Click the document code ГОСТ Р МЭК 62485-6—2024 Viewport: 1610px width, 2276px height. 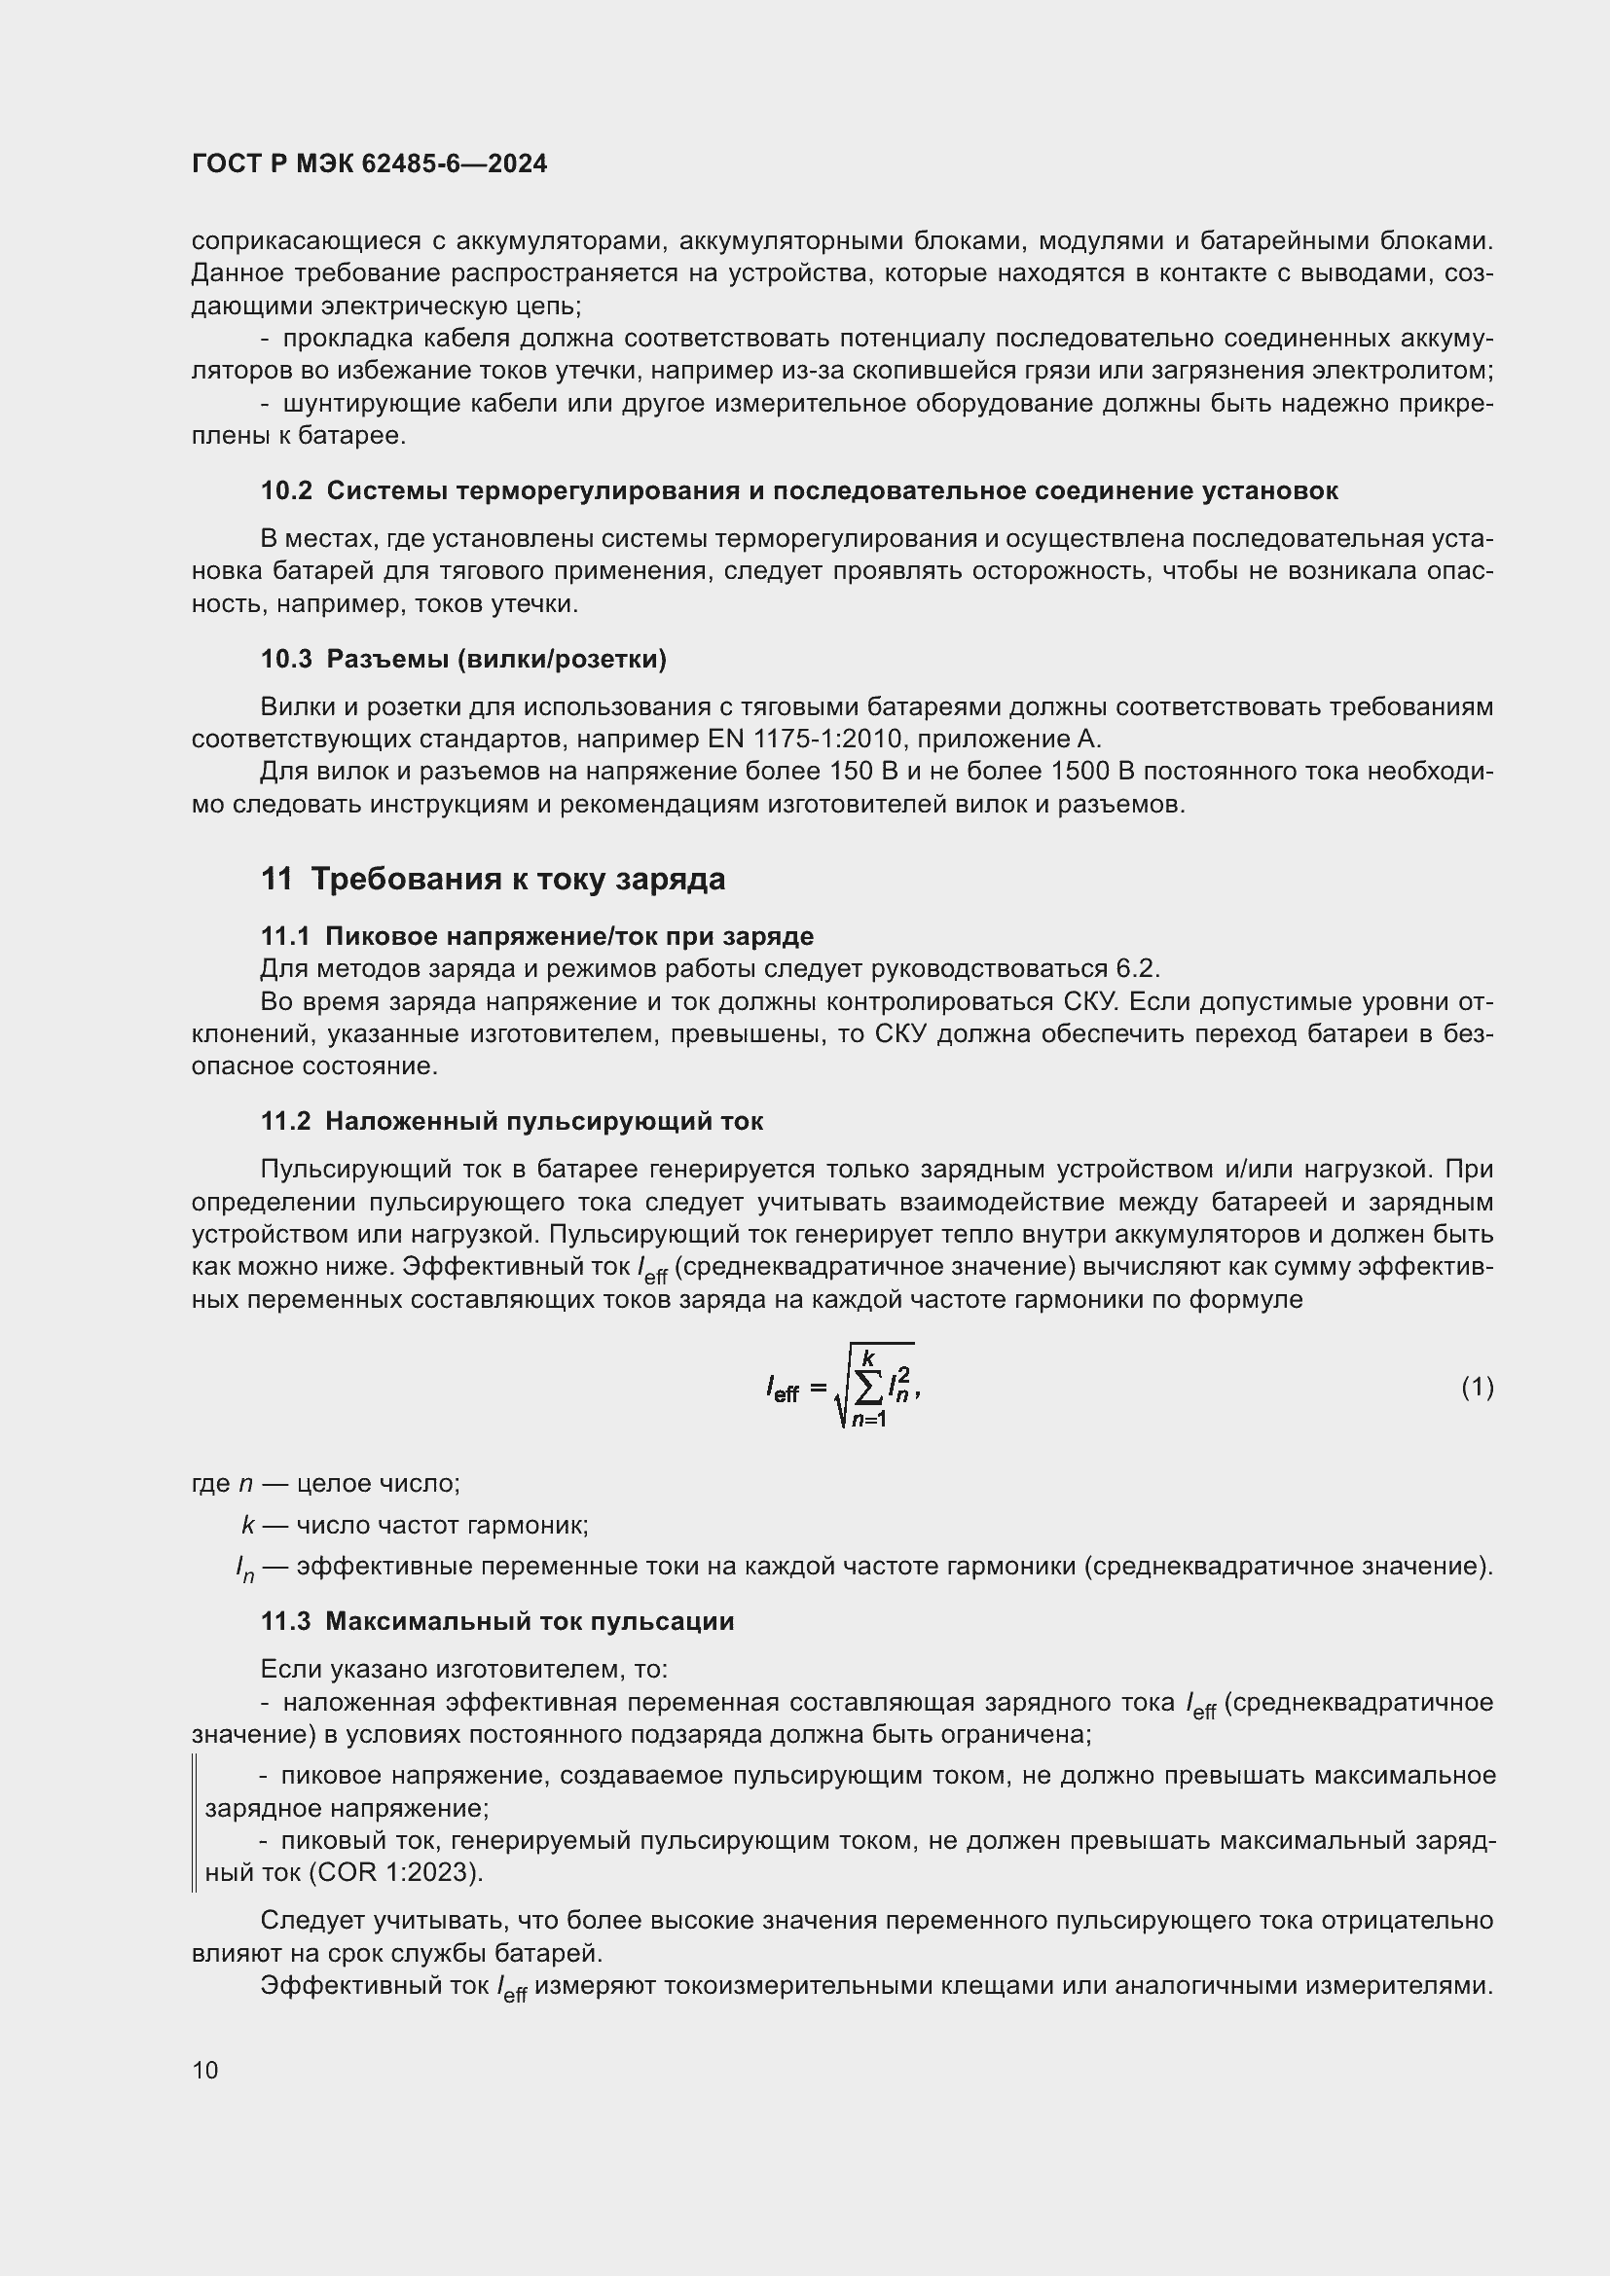[x=369, y=163]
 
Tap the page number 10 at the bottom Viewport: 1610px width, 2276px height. [x=205, y=2070]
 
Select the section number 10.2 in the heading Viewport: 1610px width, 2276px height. [x=286, y=490]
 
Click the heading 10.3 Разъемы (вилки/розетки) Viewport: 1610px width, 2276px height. [x=463, y=659]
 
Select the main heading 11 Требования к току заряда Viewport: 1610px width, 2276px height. [x=493, y=880]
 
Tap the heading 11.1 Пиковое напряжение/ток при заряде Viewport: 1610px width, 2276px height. [x=536, y=936]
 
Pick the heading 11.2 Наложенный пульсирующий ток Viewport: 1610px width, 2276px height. [x=512, y=1121]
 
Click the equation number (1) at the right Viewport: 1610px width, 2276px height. [x=1477, y=1387]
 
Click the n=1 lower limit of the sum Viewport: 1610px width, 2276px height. [x=868, y=1421]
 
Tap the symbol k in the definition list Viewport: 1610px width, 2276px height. [x=248, y=1525]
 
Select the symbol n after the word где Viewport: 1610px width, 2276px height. [x=247, y=1484]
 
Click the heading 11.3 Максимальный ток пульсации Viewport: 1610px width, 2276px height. [x=496, y=1622]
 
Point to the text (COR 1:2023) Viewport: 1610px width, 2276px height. [x=395, y=1872]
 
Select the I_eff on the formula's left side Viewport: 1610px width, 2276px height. [x=783, y=1390]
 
